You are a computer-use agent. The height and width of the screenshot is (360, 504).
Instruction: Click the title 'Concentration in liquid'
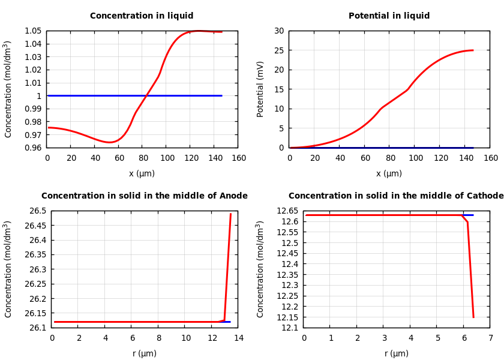[x=142, y=16]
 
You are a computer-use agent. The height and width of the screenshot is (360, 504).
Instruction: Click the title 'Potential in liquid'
[x=389, y=16]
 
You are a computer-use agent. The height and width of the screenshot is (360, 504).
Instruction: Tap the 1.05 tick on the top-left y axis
[x=34, y=31]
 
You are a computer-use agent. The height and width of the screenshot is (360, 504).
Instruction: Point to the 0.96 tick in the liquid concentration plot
[x=34, y=148]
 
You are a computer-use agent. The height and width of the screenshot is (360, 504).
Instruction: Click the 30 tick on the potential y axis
[x=279, y=31]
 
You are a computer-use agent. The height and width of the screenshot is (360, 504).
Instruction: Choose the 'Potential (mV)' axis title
[x=260, y=89]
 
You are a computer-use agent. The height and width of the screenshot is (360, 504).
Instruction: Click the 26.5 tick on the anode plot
[x=37, y=211]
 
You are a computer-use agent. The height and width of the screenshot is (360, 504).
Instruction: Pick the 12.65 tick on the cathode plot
[x=288, y=211]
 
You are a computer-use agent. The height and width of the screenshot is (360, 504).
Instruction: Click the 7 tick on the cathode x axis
[x=490, y=338]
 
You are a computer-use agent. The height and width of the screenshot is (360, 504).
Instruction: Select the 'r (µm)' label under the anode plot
[x=145, y=353]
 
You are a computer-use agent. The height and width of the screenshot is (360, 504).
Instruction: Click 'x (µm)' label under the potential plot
[x=389, y=173]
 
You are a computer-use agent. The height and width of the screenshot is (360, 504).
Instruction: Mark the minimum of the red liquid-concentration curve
[x=109, y=142]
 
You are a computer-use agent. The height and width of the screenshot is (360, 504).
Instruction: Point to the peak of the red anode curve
[x=230, y=214]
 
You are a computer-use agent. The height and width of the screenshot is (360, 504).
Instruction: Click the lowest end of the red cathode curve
[x=473, y=317]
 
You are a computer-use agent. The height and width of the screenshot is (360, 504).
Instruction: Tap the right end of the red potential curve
[x=473, y=50]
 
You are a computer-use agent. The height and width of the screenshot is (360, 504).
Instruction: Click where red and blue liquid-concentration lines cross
[x=146, y=95]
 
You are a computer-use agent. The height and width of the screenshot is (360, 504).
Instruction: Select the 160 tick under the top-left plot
[x=239, y=158]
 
